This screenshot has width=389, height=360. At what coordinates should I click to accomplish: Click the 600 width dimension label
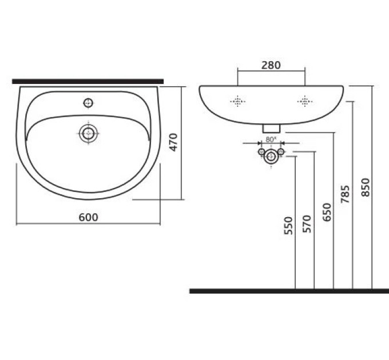point(88,217)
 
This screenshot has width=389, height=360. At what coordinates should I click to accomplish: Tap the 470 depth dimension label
point(174,142)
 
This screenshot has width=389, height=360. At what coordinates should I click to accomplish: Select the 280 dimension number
point(271,65)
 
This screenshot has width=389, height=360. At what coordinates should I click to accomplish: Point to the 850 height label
point(366,187)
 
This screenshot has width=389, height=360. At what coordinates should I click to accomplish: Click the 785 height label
point(345,194)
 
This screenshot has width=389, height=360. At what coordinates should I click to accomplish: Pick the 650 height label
point(327,212)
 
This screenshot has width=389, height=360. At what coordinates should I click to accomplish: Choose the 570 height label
point(307,224)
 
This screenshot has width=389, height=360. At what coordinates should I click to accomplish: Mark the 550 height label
point(288,226)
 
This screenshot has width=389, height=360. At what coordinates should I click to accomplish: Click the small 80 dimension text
point(271,139)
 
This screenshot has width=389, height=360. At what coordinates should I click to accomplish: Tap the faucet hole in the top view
point(88,103)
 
